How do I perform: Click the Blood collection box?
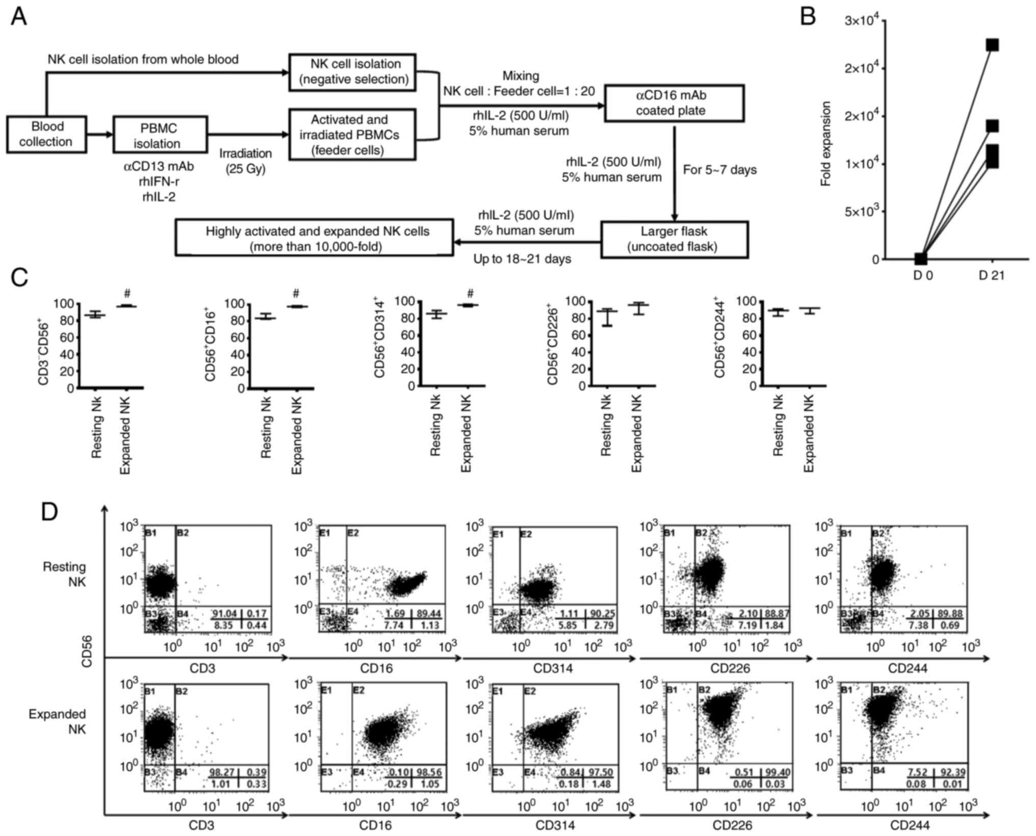(x=46, y=135)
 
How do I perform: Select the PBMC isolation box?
(x=160, y=135)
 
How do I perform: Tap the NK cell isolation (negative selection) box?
(x=352, y=72)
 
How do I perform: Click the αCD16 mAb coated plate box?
(x=674, y=103)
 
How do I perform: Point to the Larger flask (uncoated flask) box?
(x=674, y=239)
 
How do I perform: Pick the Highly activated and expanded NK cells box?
(x=314, y=238)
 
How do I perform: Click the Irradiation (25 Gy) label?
(x=246, y=161)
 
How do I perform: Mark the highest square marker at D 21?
(x=992, y=45)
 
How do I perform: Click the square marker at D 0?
(x=920, y=259)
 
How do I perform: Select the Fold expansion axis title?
(x=826, y=143)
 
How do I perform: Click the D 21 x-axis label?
(x=991, y=276)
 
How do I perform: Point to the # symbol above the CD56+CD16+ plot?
(x=296, y=294)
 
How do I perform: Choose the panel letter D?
(x=49, y=512)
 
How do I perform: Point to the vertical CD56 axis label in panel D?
(x=87, y=651)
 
